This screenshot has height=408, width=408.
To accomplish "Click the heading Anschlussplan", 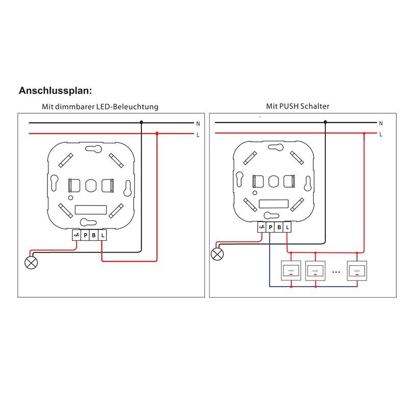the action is pyautogui.click(x=55, y=91).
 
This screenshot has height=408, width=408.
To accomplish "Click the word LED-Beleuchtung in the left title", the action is pyautogui.click(x=127, y=107).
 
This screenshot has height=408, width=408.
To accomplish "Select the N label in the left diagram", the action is pyautogui.click(x=198, y=123).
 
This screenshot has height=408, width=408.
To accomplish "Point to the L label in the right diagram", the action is pyautogui.click(x=380, y=134).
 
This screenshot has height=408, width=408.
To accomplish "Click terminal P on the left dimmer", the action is pyautogui.click(x=85, y=236).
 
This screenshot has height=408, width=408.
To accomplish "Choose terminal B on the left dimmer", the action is pyautogui.click(x=94, y=236).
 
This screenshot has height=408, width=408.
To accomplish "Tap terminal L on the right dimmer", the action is pyautogui.click(x=287, y=227).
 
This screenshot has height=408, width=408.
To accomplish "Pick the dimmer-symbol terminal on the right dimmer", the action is pyautogui.click(x=262, y=227).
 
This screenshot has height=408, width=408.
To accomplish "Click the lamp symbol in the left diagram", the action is pyautogui.click(x=31, y=263).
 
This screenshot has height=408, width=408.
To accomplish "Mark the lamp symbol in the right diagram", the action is pyautogui.click(x=217, y=254).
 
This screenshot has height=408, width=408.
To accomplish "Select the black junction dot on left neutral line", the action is pyautogui.click(x=142, y=122).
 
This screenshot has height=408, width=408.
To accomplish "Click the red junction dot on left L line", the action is pyautogui.click(x=157, y=134).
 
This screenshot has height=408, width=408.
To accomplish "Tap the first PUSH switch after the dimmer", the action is pyautogui.click(x=291, y=271).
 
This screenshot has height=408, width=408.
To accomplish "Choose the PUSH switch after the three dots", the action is pyautogui.click(x=357, y=271).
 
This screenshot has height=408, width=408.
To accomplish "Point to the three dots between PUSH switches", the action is pyautogui.click(x=336, y=272).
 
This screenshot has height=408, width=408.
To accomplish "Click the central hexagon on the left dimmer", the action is pyautogui.click(x=91, y=186).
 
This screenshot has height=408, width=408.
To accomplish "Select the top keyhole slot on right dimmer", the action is pyautogui.click(x=276, y=148).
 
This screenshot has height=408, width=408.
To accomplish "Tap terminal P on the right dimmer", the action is pyautogui.click(x=270, y=227).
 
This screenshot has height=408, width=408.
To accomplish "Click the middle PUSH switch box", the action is pyautogui.click(x=315, y=271).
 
